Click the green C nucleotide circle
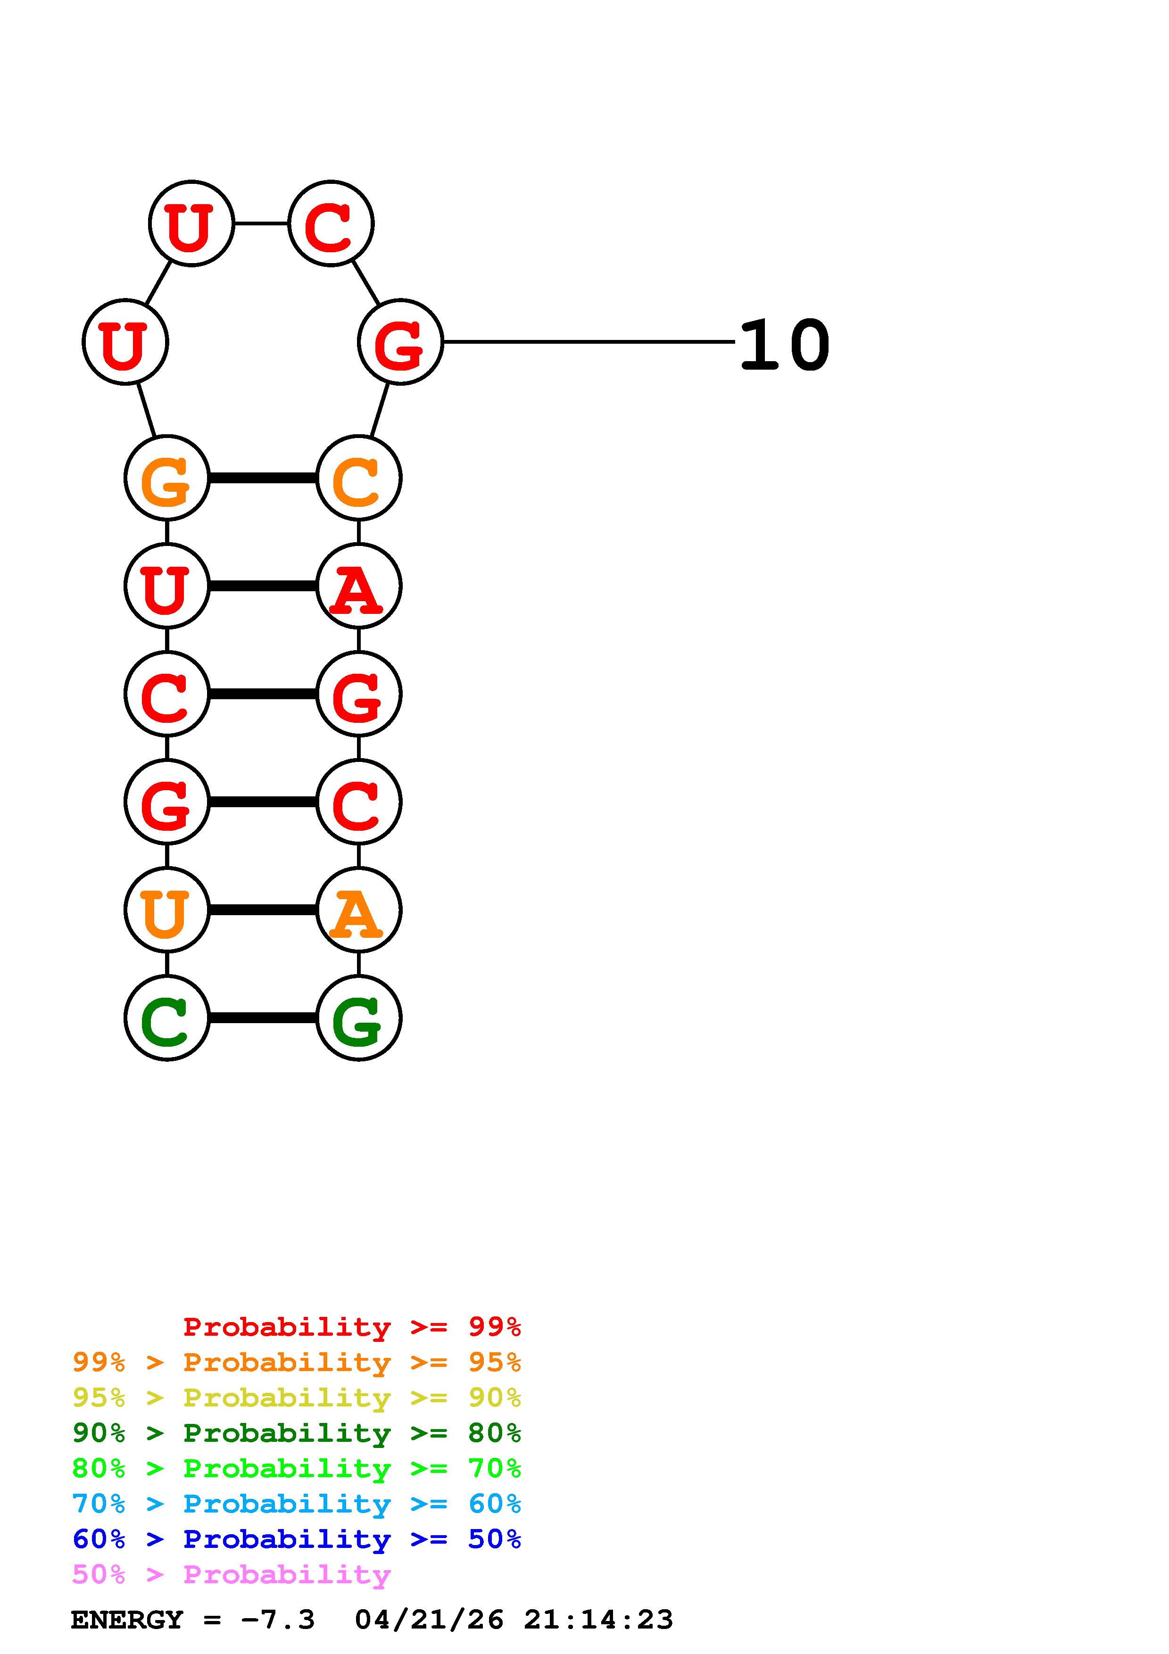tap(166, 1018)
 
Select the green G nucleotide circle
tap(359, 1018)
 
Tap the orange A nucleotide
tap(359, 910)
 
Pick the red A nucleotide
tap(359, 586)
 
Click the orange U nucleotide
tap(166, 910)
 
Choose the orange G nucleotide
tap(166, 478)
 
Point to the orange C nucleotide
tap(359, 478)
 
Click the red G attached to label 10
tap(400, 342)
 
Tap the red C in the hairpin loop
tap(331, 223)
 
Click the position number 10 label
tap(784, 346)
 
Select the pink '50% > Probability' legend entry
tap(231, 1575)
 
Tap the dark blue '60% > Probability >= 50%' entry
tap(296, 1539)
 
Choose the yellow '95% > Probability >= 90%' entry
tap(296, 1398)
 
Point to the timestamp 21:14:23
tap(598, 1620)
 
